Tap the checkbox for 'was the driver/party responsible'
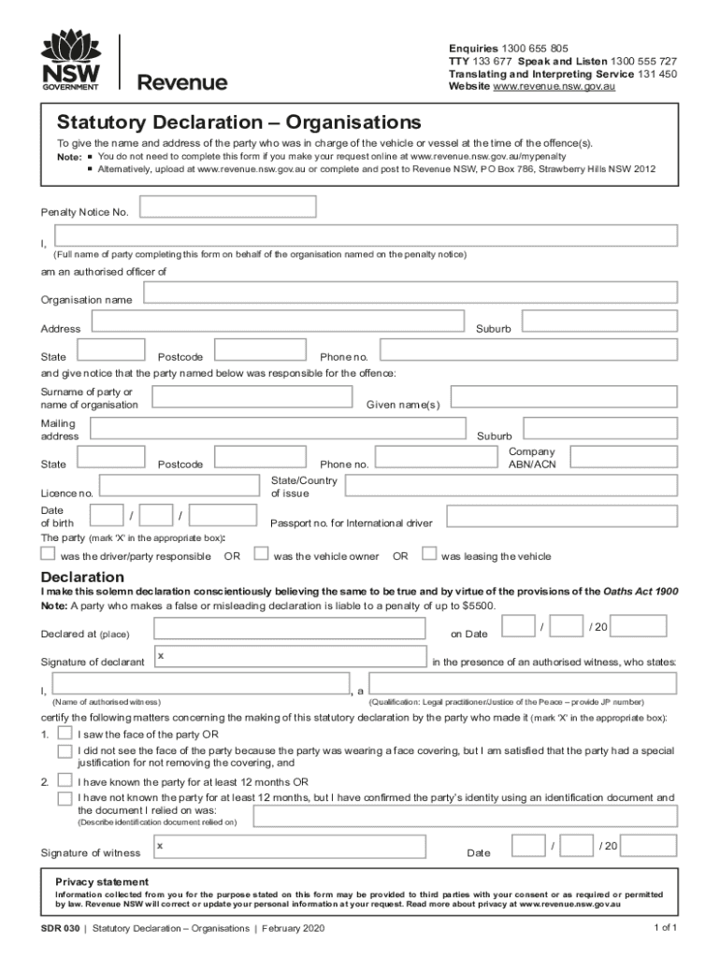point(48,553)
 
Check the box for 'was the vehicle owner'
point(262,553)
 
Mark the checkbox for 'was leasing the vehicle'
point(429,553)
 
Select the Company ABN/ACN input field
point(624,457)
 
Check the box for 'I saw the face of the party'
point(65,732)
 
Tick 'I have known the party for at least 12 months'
point(65,779)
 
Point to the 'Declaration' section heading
point(82,576)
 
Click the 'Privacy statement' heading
point(101,881)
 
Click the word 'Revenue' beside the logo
point(182,83)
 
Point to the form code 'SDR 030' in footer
point(59,929)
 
